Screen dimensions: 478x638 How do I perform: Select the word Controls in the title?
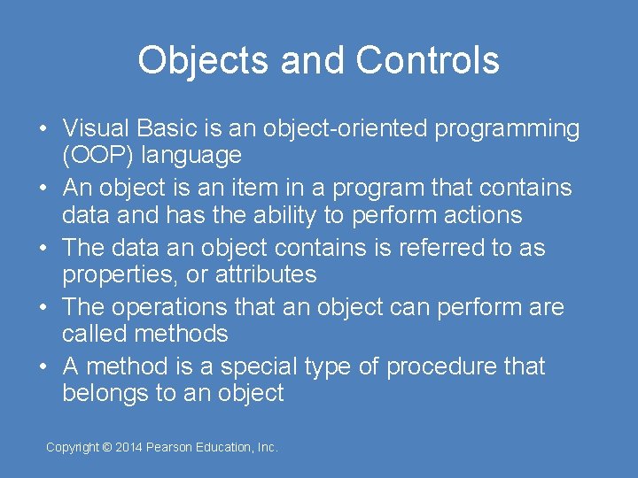click(x=427, y=60)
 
